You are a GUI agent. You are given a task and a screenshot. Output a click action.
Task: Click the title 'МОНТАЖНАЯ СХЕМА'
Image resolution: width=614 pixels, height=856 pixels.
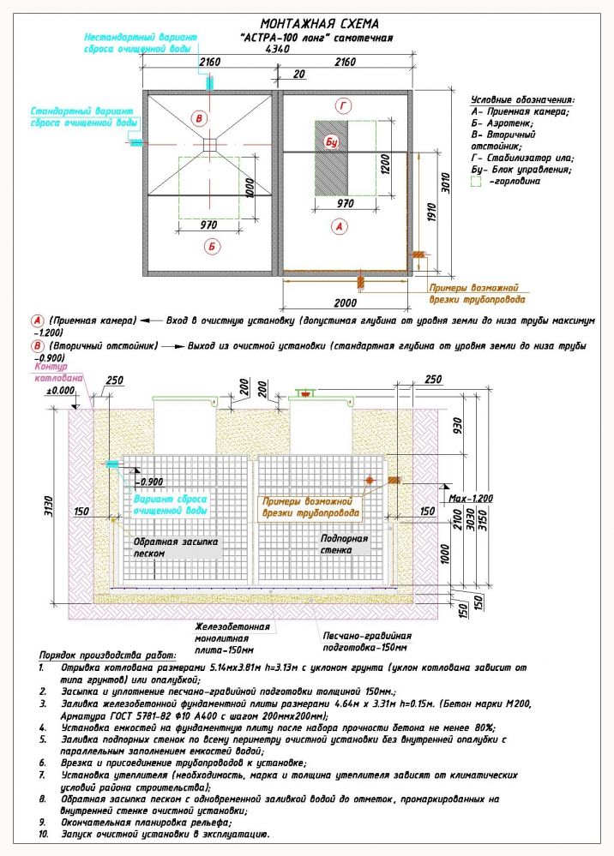click(319, 24)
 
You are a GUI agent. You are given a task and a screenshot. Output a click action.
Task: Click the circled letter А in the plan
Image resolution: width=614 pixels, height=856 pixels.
click(339, 227)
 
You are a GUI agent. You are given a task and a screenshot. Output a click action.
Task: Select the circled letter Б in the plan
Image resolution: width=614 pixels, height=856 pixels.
click(213, 247)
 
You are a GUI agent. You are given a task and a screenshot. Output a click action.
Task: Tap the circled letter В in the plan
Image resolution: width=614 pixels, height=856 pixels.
click(200, 117)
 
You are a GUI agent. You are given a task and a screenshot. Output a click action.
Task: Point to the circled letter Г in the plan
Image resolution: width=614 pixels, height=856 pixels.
click(343, 105)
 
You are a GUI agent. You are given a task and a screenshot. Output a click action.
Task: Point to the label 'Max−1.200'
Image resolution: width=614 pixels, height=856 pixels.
click(471, 498)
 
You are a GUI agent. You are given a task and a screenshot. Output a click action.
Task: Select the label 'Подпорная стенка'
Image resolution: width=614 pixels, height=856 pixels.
click(344, 544)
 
